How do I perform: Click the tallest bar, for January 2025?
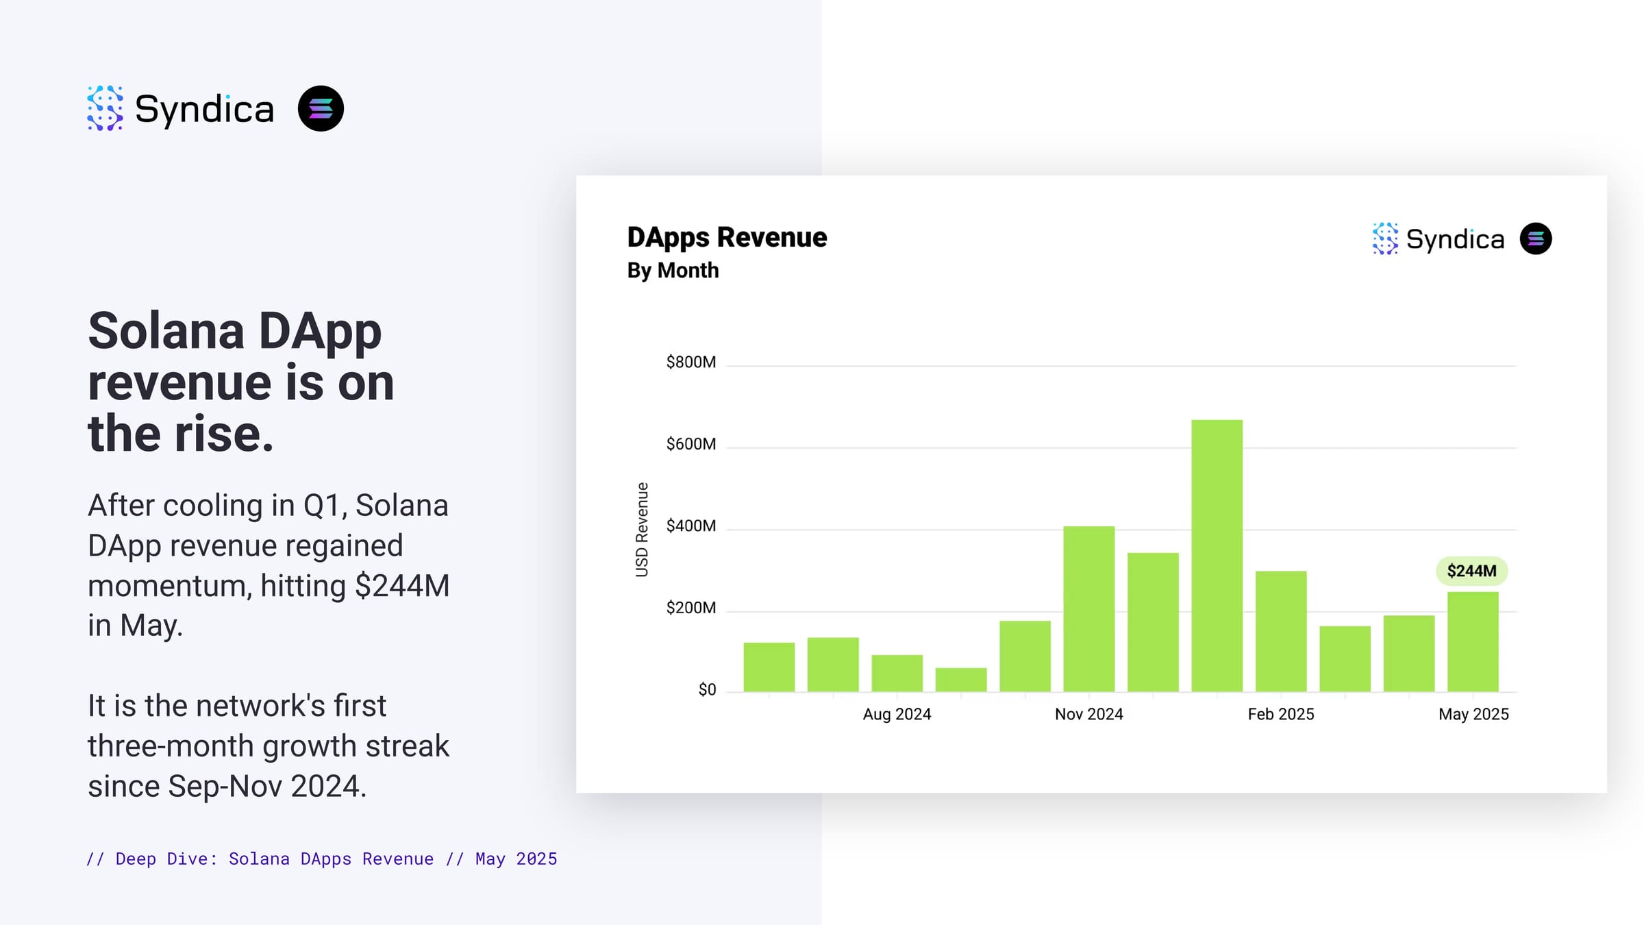[x=1217, y=555]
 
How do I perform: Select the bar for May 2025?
[x=1473, y=641]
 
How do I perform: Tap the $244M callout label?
[x=1471, y=571]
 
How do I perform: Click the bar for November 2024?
[x=1088, y=608]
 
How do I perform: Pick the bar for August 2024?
[x=897, y=673]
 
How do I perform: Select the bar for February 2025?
[x=1281, y=630]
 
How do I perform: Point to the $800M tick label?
[x=690, y=362]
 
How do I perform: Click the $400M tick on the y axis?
[x=690, y=526]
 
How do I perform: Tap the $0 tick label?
[x=706, y=689]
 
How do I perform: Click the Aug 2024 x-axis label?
[x=897, y=714]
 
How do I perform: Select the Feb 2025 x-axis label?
[x=1280, y=714]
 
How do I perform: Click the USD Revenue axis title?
[x=642, y=529]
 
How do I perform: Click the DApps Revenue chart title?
[x=727, y=237]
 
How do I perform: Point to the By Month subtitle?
[x=673, y=271]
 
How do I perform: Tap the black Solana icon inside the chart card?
[x=1535, y=238]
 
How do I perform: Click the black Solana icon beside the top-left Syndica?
[x=321, y=108]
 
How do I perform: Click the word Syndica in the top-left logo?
[x=204, y=109]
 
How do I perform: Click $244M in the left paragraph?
[x=401, y=586]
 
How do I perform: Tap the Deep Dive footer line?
[x=322, y=859]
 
